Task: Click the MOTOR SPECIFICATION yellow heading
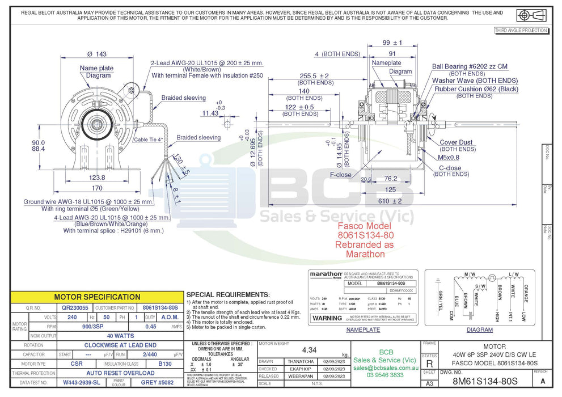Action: point(97,297)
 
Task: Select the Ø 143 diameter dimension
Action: point(97,54)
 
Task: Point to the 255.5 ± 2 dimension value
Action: point(314,75)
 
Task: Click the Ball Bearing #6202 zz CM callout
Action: point(470,66)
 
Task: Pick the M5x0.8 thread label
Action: point(449,157)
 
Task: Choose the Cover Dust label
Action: point(456,142)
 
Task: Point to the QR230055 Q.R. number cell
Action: point(75,307)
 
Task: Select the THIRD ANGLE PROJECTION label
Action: point(521,31)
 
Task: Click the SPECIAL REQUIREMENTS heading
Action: point(227,295)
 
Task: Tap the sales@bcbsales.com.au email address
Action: point(385,368)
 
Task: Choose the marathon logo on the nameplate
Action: point(326,274)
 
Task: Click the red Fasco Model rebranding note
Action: point(365,239)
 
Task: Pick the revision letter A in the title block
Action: point(543,382)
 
